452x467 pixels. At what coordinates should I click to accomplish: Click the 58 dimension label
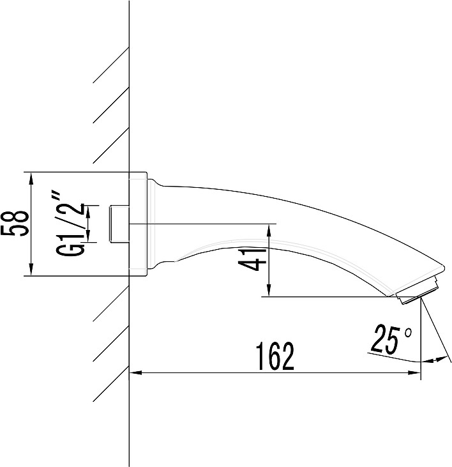(x=15, y=224)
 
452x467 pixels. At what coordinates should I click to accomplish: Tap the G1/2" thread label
(x=70, y=224)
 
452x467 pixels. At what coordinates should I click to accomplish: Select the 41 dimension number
(x=252, y=260)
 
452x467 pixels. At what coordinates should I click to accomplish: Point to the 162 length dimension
(x=276, y=356)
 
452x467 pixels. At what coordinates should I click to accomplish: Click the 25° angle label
(x=391, y=339)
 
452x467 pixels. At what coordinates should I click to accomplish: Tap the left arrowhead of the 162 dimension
(x=135, y=372)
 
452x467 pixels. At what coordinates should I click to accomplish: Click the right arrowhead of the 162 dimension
(x=414, y=372)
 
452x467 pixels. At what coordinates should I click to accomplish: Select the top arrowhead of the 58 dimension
(x=31, y=178)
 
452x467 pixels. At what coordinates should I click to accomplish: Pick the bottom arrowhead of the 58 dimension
(x=31, y=270)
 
